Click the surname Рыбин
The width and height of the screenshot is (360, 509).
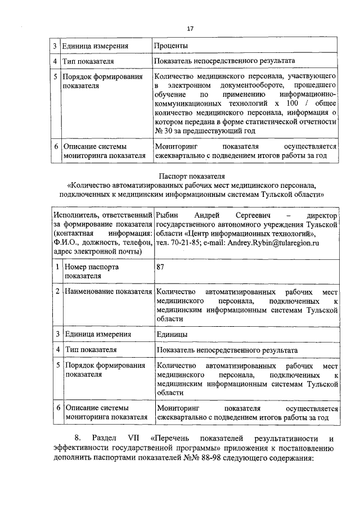coord(168,216)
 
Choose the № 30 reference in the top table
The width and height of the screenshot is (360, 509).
coord(163,131)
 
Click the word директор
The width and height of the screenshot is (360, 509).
coord(322,216)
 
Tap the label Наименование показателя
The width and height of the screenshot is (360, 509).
coord(108,292)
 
